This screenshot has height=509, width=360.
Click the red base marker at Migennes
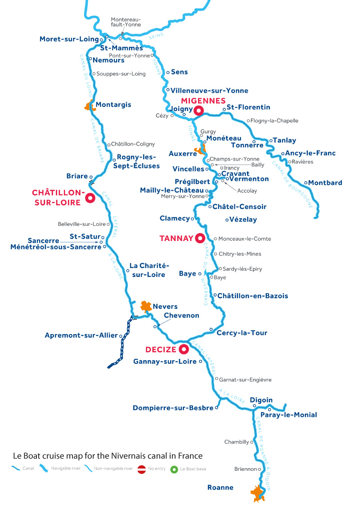(x=198, y=110)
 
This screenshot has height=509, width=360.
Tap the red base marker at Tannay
(x=199, y=238)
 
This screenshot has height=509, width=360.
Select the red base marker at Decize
(x=183, y=349)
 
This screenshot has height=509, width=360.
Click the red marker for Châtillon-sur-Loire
(x=90, y=197)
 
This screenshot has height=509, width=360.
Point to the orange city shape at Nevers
(x=145, y=307)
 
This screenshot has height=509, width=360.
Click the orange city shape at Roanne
(x=257, y=493)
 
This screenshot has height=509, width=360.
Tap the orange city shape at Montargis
(x=88, y=107)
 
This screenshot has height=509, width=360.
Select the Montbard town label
(x=326, y=183)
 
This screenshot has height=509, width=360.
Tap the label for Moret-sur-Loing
(x=69, y=39)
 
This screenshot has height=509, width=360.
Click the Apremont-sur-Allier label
(x=81, y=335)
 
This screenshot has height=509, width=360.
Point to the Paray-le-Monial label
(x=296, y=415)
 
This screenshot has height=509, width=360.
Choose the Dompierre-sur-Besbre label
(x=173, y=408)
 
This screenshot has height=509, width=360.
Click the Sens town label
(x=180, y=72)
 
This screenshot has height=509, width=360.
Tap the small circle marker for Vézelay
(x=226, y=220)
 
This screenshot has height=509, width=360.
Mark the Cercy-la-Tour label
(x=242, y=333)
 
